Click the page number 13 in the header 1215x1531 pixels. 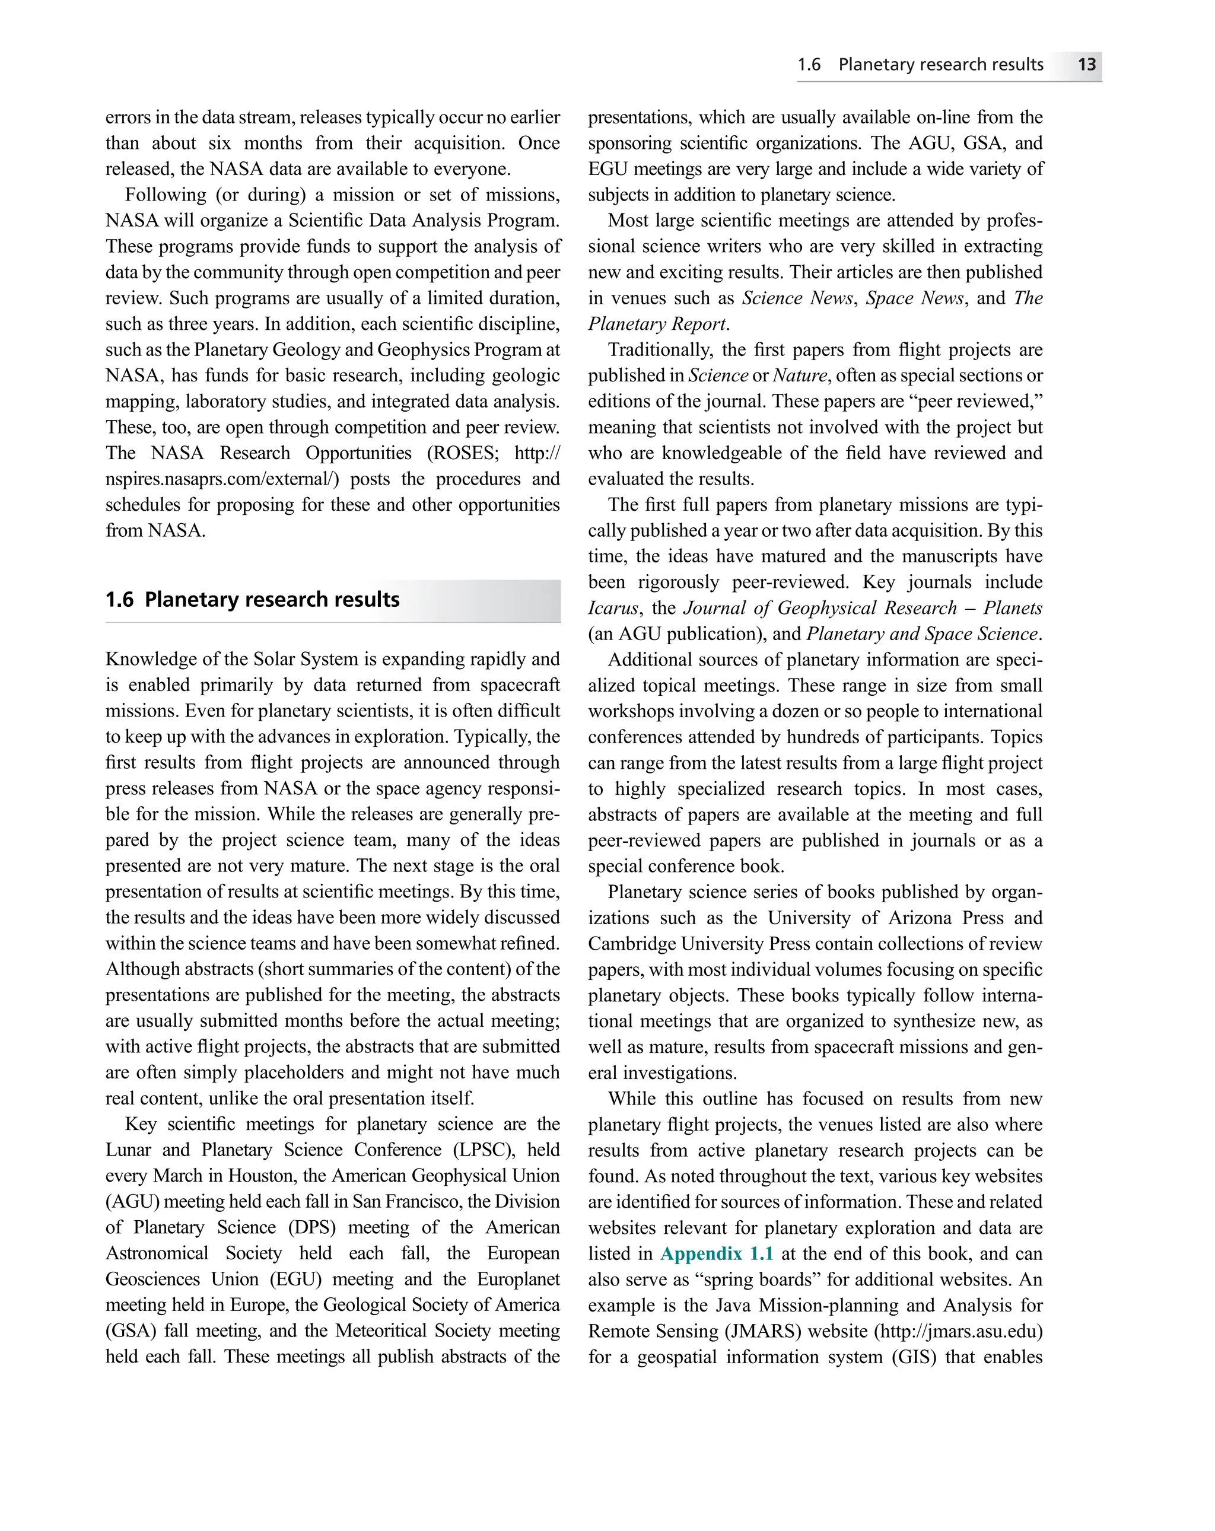1086,65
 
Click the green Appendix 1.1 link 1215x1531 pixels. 717,1253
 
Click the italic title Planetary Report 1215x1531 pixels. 657,324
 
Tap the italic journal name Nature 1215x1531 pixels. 800,375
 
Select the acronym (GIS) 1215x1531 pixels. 912,1357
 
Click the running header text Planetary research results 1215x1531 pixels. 940,65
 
